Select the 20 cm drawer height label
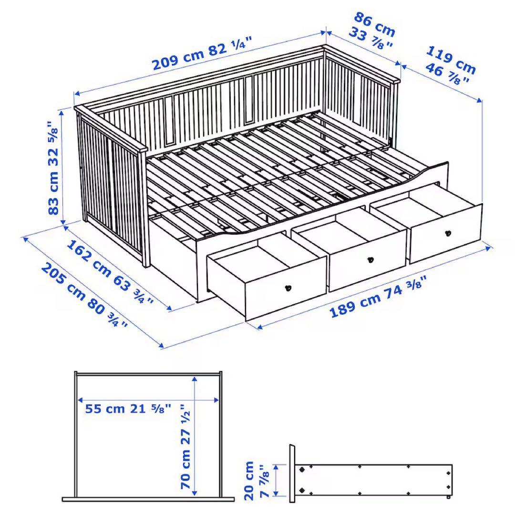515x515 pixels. pyautogui.click(x=249, y=480)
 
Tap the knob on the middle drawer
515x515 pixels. pyautogui.click(x=370, y=260)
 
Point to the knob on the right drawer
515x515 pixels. pyautogui.click(x=447, y=233)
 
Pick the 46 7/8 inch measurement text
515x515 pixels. pyautogui.click(x=446, y=74)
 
